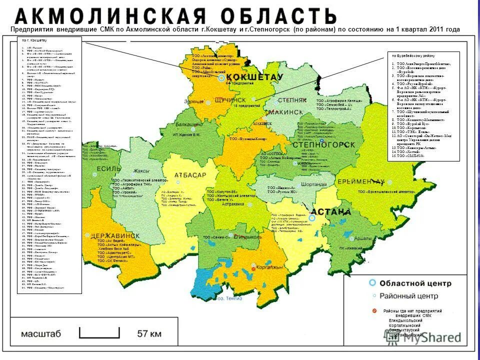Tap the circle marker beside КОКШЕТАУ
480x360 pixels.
coord(221,78)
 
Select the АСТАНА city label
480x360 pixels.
coord(332,211)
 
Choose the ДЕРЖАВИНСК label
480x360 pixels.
coord(112,235)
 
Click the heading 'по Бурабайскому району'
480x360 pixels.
coord(413,56)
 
